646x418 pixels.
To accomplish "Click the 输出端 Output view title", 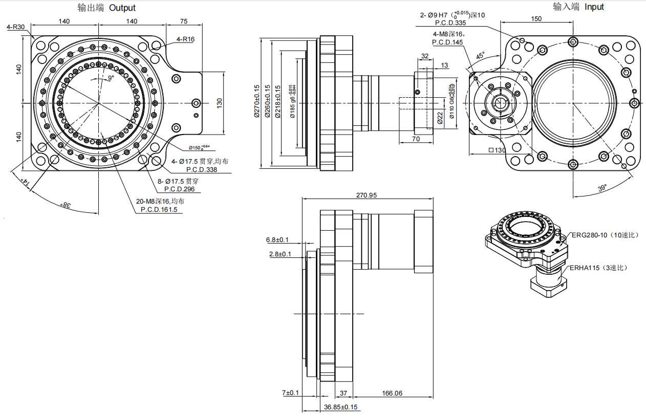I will pyautogui.click(x=106, y=8).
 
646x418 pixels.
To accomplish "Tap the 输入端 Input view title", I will pyautogui.click(x=578, y=7).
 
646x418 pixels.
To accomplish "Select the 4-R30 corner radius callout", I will pyautogui.click(x=16, y=27).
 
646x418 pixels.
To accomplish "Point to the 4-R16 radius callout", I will pyautogui.click(x=185, y=39).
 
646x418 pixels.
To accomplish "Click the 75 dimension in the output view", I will pyautogui.click(x=184, y=21).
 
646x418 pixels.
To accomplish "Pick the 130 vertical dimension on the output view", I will pyautogui.click(x=220, y=103).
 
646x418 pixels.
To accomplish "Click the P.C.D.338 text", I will pyautogui.click(x=202, y=169).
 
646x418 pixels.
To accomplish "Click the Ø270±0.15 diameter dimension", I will pyautogui.click(x=257, y=102).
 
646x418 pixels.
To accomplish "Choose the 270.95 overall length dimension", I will pyautogui.click(x=366, y=195).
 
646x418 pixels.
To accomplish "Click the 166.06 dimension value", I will pyautogui.click(x=392, y=393).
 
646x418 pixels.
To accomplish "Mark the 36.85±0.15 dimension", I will pyautogui.click(x=340, y=407).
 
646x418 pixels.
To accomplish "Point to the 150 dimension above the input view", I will pyautogui.click(x=535, y=19).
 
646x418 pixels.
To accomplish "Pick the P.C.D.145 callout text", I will pyautogui.click(x=447, y=42).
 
